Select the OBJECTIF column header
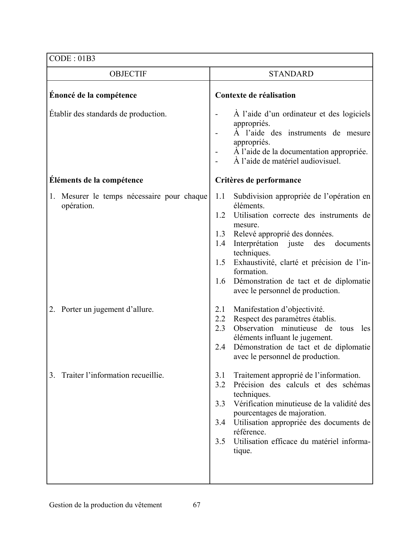point(128,74)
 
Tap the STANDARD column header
point(291,74)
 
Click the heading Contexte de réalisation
point(255,95)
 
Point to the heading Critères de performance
point(258,180)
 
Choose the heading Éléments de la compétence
point(96,180)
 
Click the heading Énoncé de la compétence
point(93,95)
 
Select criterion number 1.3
point(220,234)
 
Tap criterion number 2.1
point(220,310)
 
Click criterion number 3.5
point(220,442)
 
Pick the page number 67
point(197,505)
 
